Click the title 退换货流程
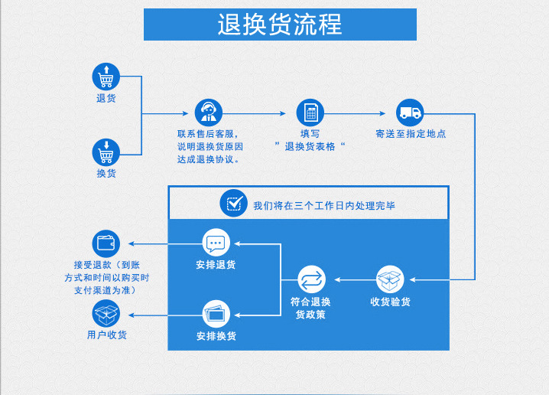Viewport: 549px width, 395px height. coord(280,24)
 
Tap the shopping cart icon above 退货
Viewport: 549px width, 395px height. coord(106,77)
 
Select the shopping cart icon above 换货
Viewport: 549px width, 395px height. coord(106,152)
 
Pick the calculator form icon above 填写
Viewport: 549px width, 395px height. coord(310,113)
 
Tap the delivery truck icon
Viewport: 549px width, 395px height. coord(410,113)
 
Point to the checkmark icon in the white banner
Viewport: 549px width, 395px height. coord(232,204)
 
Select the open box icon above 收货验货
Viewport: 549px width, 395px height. coord(390,279)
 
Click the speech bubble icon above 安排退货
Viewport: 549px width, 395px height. coord(216,243)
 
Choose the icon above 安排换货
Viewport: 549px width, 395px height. coord(216,314)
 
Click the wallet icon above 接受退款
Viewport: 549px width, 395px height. coord(106,243)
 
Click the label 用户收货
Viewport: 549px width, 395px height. coord(107,335)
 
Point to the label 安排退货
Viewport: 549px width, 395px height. coord(216,265)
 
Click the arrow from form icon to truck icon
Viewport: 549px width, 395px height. coord(359,113)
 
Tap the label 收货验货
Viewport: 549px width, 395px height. coord(390,302)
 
